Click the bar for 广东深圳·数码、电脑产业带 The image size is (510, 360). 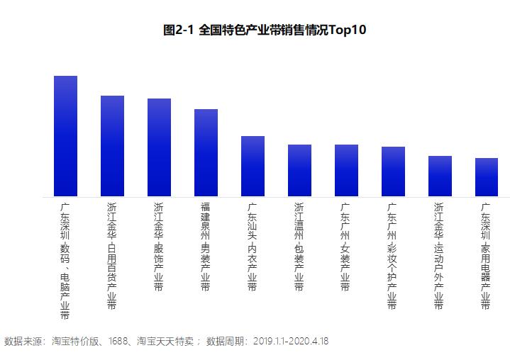point(65,136)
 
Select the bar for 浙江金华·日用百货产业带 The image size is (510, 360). point(112,146)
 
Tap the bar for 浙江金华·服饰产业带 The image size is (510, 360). point(159,147)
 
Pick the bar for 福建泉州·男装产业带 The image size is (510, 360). point(206,152)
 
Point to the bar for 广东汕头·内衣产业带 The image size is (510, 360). point(253,166)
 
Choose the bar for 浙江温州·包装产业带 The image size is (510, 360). point(299,170)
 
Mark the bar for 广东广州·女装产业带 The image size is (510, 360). point(346,170)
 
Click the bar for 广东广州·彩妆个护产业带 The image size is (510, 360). point(393,171)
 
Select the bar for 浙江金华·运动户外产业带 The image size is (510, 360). point(440,176)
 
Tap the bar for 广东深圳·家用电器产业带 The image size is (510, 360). point(487,177)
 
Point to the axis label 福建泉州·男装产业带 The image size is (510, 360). point(206,247)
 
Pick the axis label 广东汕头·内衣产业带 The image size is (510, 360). point(253,247)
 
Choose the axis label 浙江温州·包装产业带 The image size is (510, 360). point(299,247)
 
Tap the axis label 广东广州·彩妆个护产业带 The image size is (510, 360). point(393,256)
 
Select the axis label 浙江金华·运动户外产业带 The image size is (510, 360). point(440,256)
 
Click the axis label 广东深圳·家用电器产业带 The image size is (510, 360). point(487,256)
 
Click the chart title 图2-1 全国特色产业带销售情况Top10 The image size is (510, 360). point(265,30)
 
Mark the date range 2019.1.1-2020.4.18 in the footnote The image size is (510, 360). point(291,341)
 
